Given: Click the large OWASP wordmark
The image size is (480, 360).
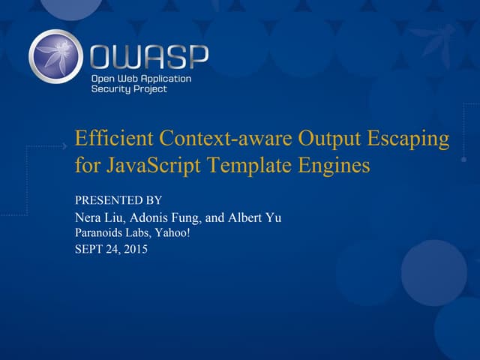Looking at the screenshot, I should (149, 56).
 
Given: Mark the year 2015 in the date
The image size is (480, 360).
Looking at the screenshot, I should (134, 250).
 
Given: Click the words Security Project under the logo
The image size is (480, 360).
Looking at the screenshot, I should (129, 88).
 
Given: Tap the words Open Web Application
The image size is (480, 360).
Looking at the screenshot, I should (141, 78).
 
